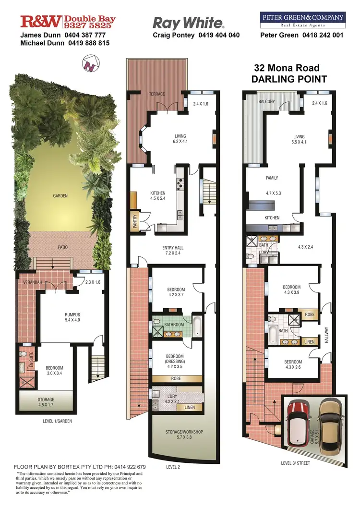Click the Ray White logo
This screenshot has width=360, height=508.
click(x=188, y=23)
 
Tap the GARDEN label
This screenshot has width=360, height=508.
click(x=60, y=196)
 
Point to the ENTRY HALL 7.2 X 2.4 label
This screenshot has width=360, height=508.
click(x=173, y=251)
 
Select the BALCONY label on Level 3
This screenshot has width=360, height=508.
click(x=267, y=101)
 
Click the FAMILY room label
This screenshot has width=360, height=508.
click(x=272, y=178)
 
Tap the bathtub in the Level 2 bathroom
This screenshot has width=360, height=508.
click(x=197, y=325)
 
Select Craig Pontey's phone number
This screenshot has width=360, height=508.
click(x=218, y=35)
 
